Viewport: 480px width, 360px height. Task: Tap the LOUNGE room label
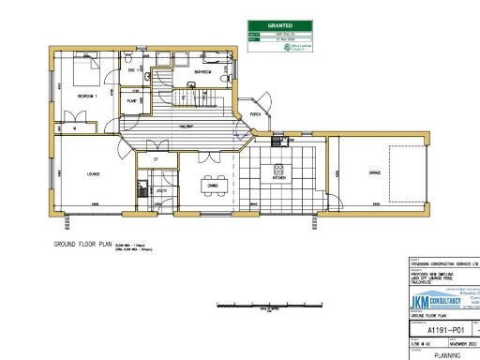point(69,172)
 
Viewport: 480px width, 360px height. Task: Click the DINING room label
point(213,186)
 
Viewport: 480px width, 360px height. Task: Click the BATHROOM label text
point(202,71)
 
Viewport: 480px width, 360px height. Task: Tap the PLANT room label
point(133,99)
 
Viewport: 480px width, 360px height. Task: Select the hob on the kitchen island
point(278,170)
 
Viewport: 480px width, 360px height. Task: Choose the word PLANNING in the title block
point(444,355)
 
